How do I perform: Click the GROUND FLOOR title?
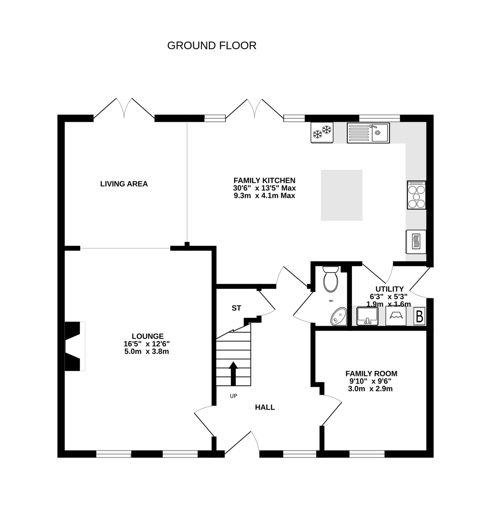coord(211,45)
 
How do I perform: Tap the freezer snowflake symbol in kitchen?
coord(322,132)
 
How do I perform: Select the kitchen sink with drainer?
coord(368,133)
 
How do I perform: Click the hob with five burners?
coord(416,195)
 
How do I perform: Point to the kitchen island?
coord(341,195)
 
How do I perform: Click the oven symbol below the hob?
coord(416,241)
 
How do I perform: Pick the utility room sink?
coord(367,316)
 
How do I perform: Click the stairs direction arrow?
coord(233,373)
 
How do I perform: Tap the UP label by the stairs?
coord(233,396)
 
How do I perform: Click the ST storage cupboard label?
coord(236,308)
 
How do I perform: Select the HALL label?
coord(265,407)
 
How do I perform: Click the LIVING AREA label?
coord(124,184)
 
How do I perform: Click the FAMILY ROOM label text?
coord(371,373)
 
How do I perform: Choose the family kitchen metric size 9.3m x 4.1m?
coord(264,196)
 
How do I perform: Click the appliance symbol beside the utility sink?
coord(396,316)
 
